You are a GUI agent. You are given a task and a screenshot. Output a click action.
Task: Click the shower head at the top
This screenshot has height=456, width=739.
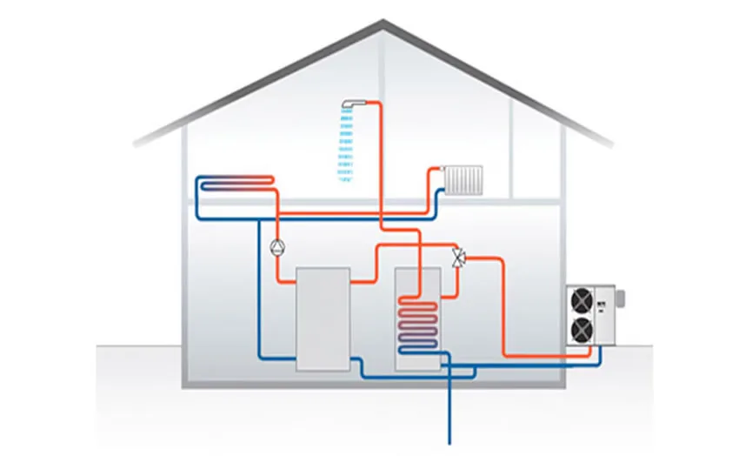tap(352, 103)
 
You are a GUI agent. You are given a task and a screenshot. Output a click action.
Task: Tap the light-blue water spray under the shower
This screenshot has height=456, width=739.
tap(345, 148)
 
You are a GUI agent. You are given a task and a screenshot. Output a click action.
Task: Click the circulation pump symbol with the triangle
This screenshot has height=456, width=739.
tap(276, 246)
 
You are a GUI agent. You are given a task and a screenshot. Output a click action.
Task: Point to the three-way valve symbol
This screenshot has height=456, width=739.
tap(458, 258)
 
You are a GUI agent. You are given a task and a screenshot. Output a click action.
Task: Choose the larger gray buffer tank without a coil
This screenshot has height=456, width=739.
tap(323, 319)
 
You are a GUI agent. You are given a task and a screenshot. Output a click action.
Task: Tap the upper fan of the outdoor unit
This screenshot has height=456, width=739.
tap(580, 301)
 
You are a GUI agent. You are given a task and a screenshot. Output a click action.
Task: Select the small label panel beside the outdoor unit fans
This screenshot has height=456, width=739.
tap(603, 304)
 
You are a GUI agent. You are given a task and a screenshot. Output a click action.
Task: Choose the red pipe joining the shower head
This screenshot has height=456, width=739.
tap(375, 102)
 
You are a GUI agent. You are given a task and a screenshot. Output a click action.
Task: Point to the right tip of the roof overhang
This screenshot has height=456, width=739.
tap(613, 142)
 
